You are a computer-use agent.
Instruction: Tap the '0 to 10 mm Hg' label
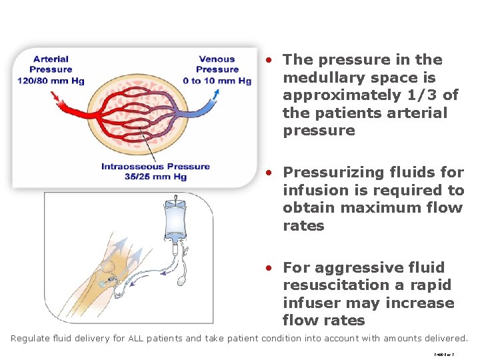[217, 81]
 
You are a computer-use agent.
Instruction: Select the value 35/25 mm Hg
[155, 177]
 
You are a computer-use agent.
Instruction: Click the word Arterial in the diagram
[51, 59]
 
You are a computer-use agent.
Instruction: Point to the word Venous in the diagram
[217, 59]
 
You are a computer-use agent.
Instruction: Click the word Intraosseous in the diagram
[129, 167]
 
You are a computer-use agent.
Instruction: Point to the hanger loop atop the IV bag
[175, 198]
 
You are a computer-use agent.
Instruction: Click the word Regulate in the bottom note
[30, 338]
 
